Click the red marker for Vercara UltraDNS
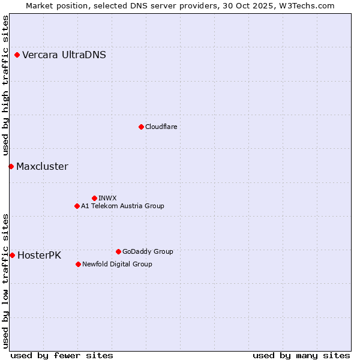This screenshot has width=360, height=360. (x=17, y=55)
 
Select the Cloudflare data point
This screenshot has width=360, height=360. (x=141, y=127)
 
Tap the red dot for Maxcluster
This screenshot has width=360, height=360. (x=11, y=166)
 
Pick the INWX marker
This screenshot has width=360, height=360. (x=94, y=198)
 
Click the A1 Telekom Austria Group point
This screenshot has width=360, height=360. (x=77, y=206)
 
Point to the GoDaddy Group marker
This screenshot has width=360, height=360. (x=118, y=251)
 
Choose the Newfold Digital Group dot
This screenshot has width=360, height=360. (x=78, y=264)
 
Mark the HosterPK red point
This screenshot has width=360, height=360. (x=12, y=255)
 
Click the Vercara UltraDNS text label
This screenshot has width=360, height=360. (x=64, y=55)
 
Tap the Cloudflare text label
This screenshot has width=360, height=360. (x=161, y=127)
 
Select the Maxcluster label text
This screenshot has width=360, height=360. (x=42, y=167)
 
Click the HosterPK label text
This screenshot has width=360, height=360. (x=39, y=256)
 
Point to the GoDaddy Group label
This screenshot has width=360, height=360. (x=148, y=251)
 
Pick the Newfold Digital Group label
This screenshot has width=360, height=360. (x=117, y=264)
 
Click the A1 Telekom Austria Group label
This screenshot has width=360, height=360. (x=122, y=206)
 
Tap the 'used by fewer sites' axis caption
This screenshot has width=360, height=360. (x=62, y=355)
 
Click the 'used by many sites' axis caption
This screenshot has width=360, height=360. (x=301, y=355)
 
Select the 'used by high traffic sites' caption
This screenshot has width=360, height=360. (x=5, y=85)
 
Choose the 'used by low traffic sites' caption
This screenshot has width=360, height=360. (x=5, y=280)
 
